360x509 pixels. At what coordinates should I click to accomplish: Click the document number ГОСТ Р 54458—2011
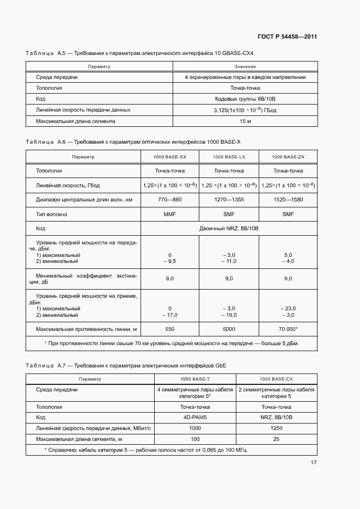click(x=288, y=36)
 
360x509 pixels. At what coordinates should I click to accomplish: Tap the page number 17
click(x=314, y=463)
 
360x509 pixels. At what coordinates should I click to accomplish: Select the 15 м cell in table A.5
click(x=245, y=121)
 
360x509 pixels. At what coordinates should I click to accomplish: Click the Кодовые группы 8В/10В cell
click(x=245, y=99)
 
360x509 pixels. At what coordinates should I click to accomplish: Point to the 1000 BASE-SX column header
click(x=169, y=157)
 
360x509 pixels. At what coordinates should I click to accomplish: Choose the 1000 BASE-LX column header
click(x=229, y=157)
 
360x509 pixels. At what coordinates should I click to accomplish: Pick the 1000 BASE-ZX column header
click(x=288, y=157)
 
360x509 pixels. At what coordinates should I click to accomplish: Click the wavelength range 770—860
click(x=169, y=200)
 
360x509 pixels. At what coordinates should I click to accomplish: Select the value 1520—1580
click(x=288, y=200)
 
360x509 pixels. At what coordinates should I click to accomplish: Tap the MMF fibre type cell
click(x=169, y=214)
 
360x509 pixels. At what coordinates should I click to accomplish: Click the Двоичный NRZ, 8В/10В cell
click(x=229, y=228)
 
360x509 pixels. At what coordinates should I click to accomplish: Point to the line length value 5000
click(x=229, y=329)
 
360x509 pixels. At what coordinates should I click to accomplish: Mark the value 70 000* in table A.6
click(x=288, y=329)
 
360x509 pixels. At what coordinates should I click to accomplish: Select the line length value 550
click(x=169, y=329)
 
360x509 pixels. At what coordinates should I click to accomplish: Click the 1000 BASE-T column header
click(x=195, y=378)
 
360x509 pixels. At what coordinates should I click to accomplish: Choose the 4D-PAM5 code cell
click(x=195, y=418)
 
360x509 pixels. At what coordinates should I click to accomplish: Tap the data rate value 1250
click(x=276, y=428)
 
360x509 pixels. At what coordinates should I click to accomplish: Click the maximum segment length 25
click(x=276, y=439)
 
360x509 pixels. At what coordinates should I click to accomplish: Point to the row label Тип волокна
click(x=52, y=214)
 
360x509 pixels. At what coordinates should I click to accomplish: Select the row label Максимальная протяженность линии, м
click(x=86, y=329)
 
